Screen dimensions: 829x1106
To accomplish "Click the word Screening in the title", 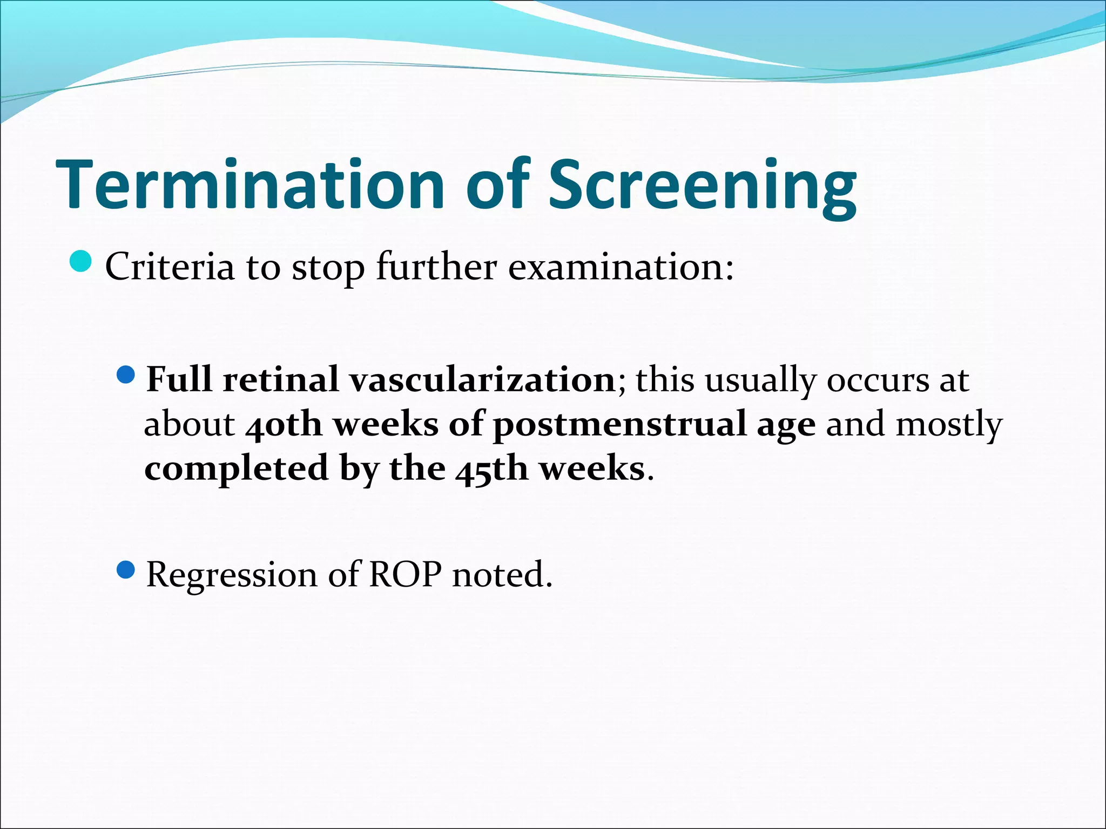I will click(x=702, y=185).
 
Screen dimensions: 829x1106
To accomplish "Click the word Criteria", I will click(x=170, y=267).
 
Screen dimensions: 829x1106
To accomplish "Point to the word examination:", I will click(x=621, y=267).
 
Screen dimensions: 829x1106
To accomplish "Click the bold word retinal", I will click(x=281, y=380).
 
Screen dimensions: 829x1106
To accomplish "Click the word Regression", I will click(x=231, y=575).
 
